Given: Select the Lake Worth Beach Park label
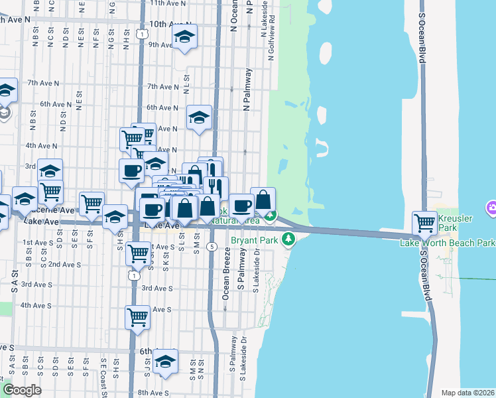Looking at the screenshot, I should [x=447, y=243].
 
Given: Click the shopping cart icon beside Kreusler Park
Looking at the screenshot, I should [x=424, y=223].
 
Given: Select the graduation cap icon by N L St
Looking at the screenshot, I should [x=199, y=118].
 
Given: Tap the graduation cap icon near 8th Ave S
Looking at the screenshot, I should [x=165, y=362].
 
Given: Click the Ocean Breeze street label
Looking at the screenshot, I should [x=226, y=273].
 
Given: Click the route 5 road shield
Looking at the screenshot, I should [x=211, y=247].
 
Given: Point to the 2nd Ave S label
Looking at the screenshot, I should [x=65, y=264].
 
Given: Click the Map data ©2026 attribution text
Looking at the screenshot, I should [x=468, y=393].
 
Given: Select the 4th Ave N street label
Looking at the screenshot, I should [x=40, y=145].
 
